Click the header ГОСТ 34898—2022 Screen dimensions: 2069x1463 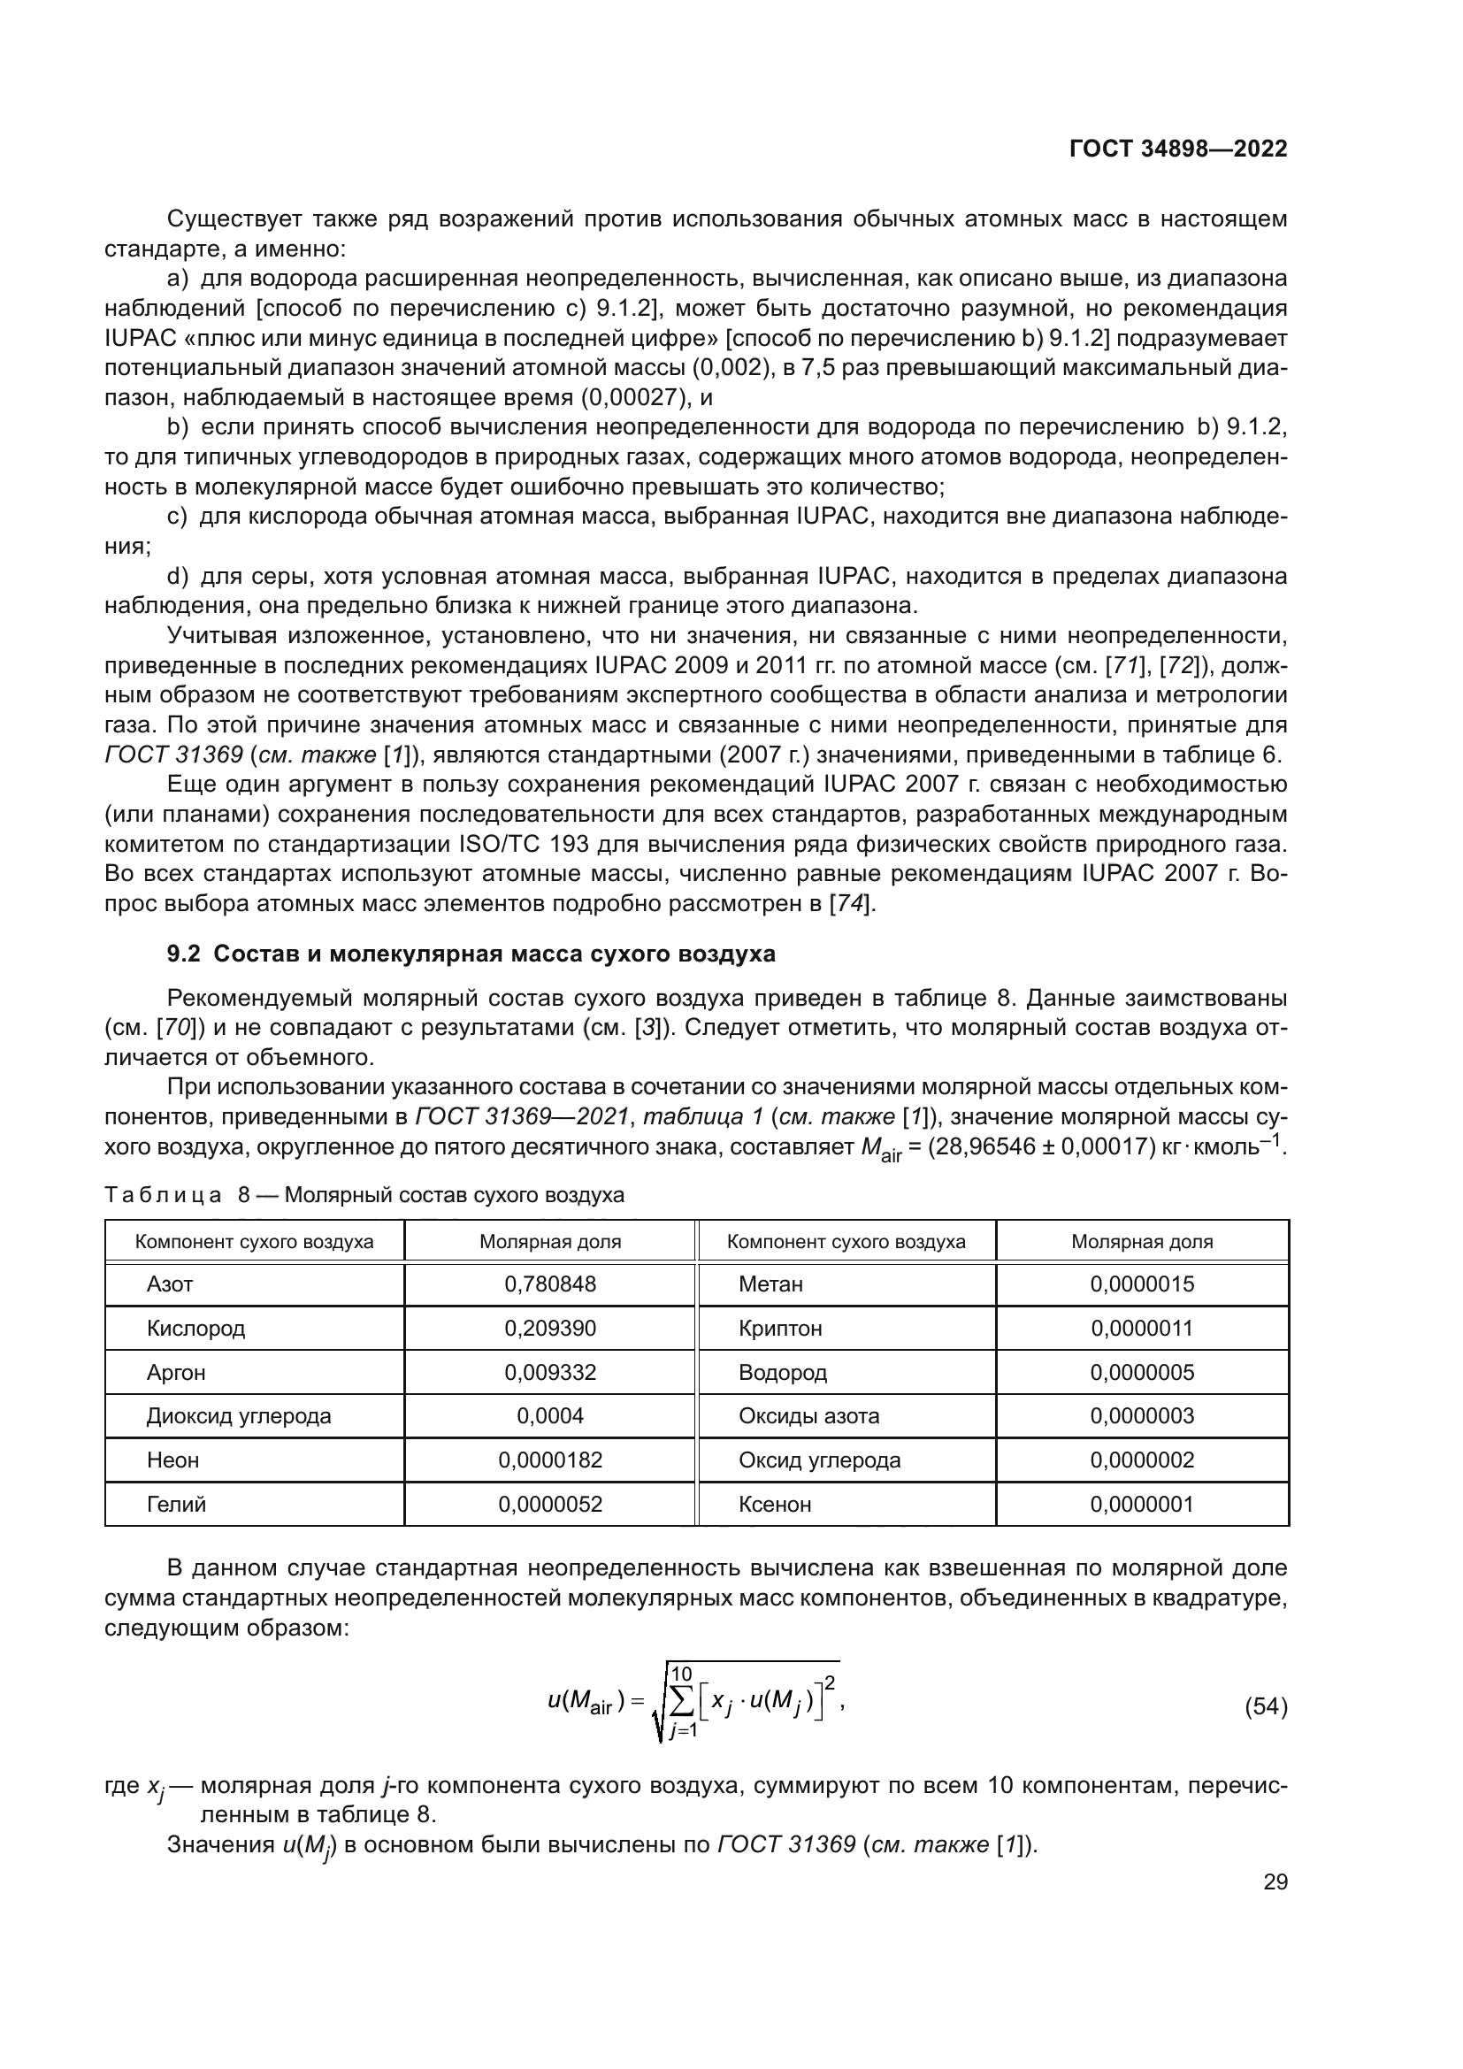pos(1178,149)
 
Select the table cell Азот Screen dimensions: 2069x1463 pos(170,1284)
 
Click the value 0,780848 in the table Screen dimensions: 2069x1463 pos(549,1284)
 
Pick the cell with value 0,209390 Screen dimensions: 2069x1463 pos(549,1328)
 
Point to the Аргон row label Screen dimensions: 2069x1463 pos(177,1372)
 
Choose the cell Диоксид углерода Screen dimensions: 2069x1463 pos(239,1415)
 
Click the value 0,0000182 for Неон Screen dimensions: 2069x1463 pos(549,1460)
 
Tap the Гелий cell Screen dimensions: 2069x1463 pos(177,1504)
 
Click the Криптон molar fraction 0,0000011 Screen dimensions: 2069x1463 pos(1141,1328)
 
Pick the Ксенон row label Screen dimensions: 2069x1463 pos(775,1504)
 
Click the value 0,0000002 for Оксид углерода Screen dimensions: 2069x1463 pos(1141,1460)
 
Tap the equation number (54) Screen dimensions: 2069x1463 pos(1265,1706)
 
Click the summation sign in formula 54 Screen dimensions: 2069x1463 pos(682,1701)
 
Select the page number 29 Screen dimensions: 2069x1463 pos(1275,1881)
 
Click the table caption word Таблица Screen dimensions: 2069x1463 pos(162,1195)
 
